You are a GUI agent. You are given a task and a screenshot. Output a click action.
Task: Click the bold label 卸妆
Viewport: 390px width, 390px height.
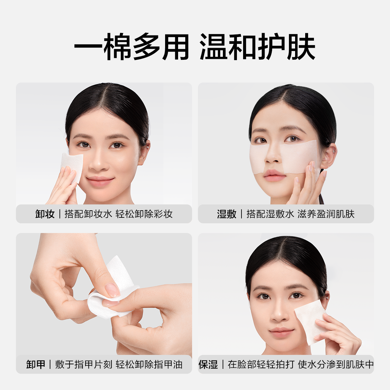[45, 214]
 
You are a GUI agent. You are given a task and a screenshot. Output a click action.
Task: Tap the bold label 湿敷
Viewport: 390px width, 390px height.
[227, 214]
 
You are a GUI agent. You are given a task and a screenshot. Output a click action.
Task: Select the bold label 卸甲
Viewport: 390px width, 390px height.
[36, 364]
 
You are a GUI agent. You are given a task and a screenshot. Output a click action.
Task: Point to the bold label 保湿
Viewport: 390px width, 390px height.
[208, 364]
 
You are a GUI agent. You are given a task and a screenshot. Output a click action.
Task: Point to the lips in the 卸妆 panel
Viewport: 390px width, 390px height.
[100, 181]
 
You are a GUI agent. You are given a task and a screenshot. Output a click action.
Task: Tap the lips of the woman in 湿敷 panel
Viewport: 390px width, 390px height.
[275, 176]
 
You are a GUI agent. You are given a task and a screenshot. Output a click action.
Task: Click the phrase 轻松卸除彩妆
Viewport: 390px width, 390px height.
[144, 214]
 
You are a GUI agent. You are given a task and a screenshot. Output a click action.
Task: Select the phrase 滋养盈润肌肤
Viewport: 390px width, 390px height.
[326, 214]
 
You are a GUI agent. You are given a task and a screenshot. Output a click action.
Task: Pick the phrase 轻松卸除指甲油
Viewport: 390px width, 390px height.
[149, 364]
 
